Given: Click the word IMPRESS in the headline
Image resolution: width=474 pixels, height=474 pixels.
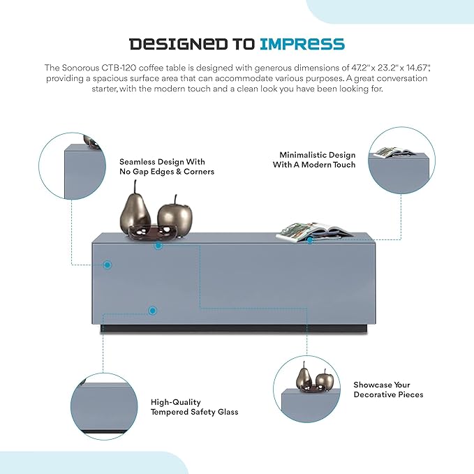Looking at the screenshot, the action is click(x=302, y=44).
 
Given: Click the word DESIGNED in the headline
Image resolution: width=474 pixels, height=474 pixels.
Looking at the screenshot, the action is click(x=178, y=44).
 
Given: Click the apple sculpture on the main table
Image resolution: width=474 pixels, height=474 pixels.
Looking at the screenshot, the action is click(x=175, y=215).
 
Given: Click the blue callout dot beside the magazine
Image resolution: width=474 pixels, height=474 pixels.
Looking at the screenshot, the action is click(x=310, y=240).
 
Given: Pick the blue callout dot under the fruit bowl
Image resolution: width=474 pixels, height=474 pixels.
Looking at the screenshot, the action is click(x=158, y=246).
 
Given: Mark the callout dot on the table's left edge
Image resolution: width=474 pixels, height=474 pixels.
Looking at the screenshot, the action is click(x=107, y=265).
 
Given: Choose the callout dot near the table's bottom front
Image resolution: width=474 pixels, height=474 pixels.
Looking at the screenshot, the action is click(x=153, y=311).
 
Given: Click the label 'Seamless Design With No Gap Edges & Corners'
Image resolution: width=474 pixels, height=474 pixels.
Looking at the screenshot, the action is click(x=167, y=167).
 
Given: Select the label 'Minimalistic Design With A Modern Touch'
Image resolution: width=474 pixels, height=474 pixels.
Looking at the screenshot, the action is click(x=314, y=160).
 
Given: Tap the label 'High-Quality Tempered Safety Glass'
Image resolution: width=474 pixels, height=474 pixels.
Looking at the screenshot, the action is click(x=194, y=407).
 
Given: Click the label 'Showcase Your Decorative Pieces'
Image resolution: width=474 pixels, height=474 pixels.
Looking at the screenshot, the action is click(x=388, y=390).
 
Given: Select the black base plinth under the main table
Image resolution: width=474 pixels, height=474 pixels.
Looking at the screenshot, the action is click(x=234, y=329).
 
